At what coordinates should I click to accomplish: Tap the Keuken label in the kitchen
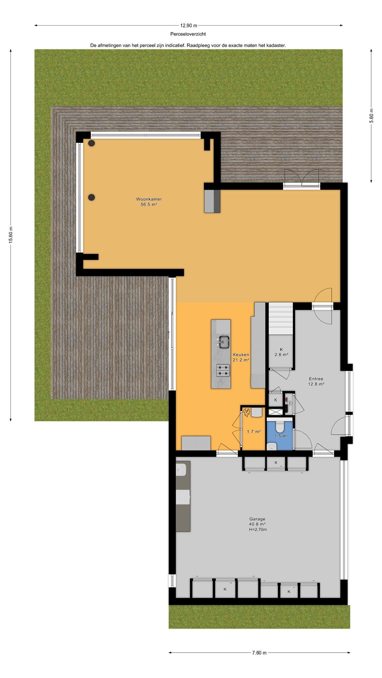tap(241, 355)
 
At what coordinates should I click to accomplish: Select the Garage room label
tap(257, 519)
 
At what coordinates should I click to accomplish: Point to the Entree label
tap(316, 379)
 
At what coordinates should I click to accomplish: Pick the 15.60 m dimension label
tap(11, 235)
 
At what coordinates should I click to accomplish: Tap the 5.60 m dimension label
tap(371, 116)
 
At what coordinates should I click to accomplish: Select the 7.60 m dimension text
tap(259, 653)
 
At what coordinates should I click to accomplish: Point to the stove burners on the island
tap(223, 370)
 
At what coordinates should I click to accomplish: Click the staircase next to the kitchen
tap(281, 318)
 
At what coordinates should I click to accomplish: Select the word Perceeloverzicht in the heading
tap(188, 34)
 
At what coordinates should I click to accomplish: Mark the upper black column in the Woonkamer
tap(92, 143)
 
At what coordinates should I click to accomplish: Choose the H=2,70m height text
tap(258, 529)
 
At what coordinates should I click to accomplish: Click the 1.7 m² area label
tap(254, 431)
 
